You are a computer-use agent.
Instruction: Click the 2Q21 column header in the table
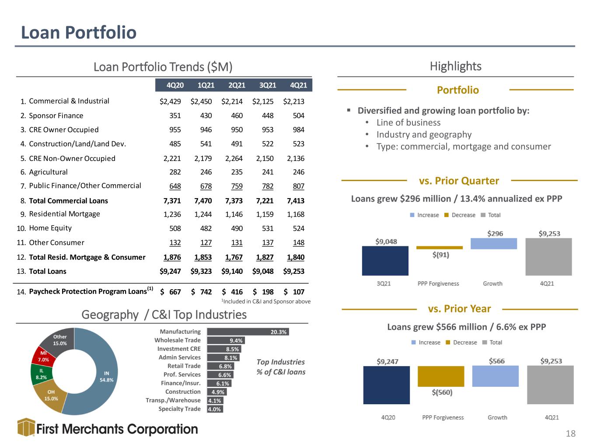[x=237, y=85]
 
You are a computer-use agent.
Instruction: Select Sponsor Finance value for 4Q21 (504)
[x=298, y=115]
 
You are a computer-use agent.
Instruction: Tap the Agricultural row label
[x=48, y=172]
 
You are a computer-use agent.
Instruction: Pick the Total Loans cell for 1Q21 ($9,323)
[x=201, y=271]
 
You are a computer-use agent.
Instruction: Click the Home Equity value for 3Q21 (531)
[x=268, y=228]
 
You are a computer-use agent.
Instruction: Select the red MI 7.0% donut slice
[x=43, y=356]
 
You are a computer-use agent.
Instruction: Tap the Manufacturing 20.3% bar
[x=248, y=332]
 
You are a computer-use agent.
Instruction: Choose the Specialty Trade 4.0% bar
[x=215, y=409]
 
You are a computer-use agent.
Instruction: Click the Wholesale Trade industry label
[x=177, y=340]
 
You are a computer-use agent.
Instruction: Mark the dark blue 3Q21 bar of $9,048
[x=385, y=261]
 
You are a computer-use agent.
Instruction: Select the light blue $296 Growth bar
[x=494, y=244]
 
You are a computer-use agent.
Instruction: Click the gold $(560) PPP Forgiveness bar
[x=441, y=376]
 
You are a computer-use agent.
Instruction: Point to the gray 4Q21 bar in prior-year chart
[x=550, y=385]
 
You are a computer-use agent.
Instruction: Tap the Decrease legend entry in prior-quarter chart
[x=460, y=215]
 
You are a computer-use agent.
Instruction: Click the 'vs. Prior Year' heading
[x=459, y=309]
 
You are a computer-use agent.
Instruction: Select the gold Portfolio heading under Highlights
[x=458, y=90]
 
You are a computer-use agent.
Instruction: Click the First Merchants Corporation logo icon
[x=26, y=427]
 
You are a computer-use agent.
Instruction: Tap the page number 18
[x=570, y=434]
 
